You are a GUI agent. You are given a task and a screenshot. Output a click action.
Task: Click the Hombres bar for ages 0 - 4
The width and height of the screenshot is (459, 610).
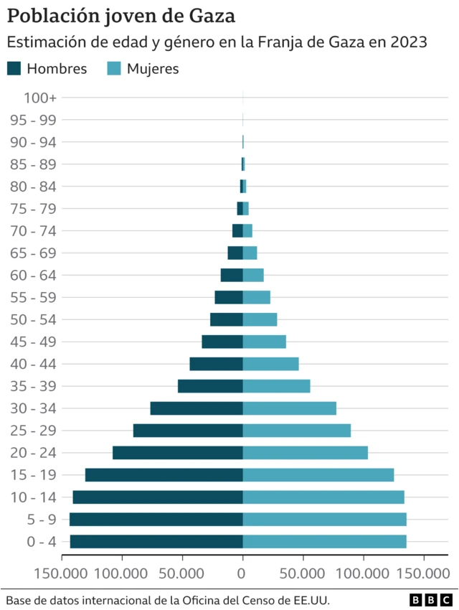(x=156, y=542)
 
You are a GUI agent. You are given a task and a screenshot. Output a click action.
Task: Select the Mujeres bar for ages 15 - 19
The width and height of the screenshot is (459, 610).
(x=318, y=475)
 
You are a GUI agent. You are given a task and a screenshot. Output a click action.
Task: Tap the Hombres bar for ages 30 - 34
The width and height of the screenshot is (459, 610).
(x=197, y=408)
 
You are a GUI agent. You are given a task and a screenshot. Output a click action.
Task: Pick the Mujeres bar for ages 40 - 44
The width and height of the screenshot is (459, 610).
(x=270, y=364)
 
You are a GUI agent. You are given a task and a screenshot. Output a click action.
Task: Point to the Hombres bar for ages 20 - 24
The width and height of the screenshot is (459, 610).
(x=178, y=453)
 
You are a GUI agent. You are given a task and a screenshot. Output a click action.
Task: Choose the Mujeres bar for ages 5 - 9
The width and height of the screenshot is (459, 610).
(x=324, y=520)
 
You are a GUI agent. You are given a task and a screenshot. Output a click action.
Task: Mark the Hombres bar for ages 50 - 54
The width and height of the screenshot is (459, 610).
(x=227, y=319)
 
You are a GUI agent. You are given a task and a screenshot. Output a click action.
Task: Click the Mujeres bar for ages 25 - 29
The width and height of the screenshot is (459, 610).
(x=297, y=431)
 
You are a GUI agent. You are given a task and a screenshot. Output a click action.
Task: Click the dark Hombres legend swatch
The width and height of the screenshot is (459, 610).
(x=14, y=69)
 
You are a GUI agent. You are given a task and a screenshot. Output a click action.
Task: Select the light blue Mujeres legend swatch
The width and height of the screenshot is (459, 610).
(x=114, y=69)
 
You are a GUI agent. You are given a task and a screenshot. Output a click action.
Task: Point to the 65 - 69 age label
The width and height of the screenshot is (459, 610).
(x=34, y=253)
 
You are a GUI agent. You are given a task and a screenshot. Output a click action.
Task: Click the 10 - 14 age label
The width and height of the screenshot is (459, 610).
(x=34, y=497)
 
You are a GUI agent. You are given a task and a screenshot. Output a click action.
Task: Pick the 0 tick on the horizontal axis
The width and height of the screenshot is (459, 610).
(x=242, y=573)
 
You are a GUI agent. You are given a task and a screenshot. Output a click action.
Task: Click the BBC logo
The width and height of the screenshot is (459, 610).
(x=431, y=599)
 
